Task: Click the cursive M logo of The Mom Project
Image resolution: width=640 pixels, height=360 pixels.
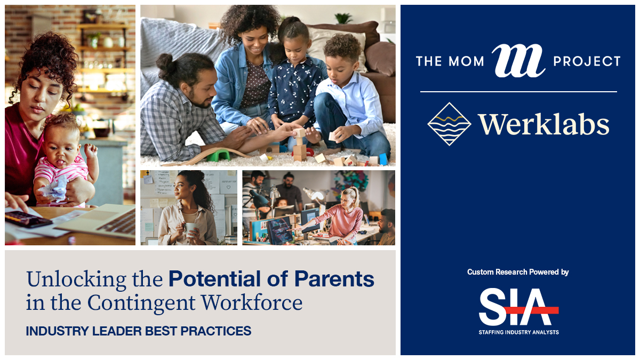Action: (518, 61)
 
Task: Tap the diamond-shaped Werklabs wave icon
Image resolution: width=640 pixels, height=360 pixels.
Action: (449, 124)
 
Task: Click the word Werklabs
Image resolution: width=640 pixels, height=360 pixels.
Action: (544, 125)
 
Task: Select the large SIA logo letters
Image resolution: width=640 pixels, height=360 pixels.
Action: (518, 307)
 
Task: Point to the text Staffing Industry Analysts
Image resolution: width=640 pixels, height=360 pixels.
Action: (518, 332)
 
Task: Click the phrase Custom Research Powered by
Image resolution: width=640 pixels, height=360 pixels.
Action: (518, 272)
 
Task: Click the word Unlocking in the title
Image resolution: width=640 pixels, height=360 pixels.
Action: (76, 280)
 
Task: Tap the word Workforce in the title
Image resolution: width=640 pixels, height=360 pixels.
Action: (252, 302)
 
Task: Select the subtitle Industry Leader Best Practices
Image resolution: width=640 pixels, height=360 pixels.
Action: (139, 331)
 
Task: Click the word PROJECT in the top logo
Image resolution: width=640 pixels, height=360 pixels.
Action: (587, 61)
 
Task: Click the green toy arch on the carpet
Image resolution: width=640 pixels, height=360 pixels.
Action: (218, 155)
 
